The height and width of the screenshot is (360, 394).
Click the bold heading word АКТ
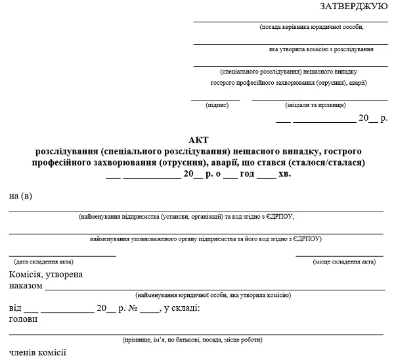click(x=198, y=140)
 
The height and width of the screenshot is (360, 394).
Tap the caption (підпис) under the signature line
click(x=216, y=105)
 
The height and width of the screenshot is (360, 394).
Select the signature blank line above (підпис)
click(x=215, y=99)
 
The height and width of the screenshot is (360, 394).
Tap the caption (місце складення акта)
click(x=344, y=261)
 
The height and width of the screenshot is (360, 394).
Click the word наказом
click(x=26, y=286)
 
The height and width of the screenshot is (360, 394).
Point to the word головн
click(x=24, y=319)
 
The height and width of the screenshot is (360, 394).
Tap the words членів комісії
click(x=38, y=353)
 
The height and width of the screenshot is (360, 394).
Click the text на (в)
click(x=20, y=196)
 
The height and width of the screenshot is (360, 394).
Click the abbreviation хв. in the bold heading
click(x=284, y=174)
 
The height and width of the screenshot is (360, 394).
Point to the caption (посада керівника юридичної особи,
click(x=311, y=27)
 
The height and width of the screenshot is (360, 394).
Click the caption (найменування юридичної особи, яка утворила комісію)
click(x=212, y=296)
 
